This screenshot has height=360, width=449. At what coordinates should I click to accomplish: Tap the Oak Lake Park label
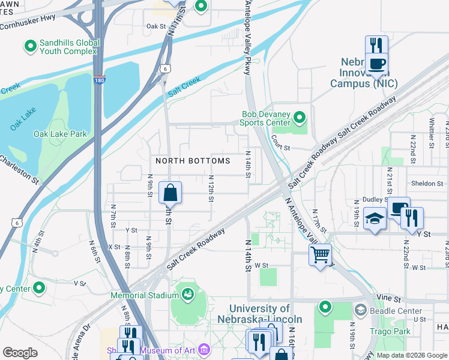click(60, 134)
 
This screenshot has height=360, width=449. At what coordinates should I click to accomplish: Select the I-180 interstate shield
click(100, 79)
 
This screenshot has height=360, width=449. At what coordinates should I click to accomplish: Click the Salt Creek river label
click(184, 85)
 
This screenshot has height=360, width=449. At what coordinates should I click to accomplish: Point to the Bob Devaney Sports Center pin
click(301, 116)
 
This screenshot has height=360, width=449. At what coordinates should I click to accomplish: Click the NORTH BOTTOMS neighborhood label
click(193, 161)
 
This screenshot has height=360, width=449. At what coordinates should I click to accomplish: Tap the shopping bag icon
click(170, 193)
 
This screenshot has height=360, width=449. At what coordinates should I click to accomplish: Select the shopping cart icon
click(321, 254)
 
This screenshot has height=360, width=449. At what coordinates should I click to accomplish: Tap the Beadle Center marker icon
click(361, 311)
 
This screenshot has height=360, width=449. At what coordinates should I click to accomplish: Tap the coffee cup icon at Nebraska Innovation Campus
click(376, 64)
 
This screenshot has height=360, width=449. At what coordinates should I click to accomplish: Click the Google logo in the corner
click(20, 352)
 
